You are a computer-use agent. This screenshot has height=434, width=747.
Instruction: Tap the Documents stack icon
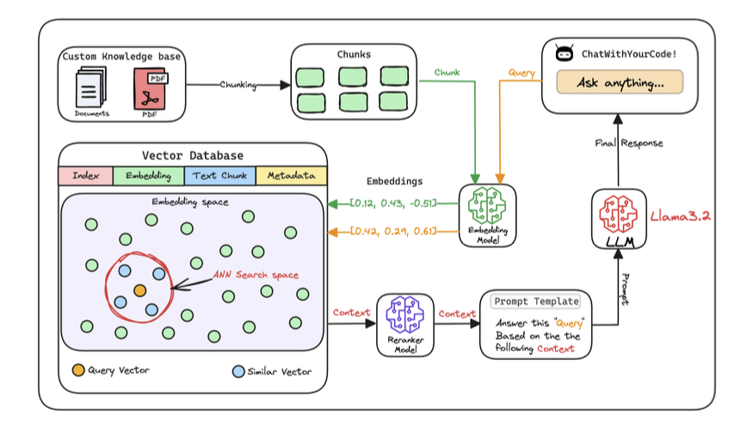coord(90,88)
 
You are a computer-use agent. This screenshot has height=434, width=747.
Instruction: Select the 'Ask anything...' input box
coord(619,83)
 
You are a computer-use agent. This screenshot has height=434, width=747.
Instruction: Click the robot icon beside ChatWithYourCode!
coord(565,54)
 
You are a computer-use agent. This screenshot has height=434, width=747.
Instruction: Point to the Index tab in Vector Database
coord(85,177)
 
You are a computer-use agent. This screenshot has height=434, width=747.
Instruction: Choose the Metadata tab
coord(291,177)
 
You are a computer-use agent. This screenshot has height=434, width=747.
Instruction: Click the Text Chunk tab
coord(219,177)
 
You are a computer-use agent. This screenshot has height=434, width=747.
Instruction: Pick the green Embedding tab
coord(148,177)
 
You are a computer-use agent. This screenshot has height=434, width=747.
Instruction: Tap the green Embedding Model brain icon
coord(487,208)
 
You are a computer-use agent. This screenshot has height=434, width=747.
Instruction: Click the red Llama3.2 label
coord(679,215)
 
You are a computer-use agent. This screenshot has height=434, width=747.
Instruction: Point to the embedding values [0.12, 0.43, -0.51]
coord(392,202)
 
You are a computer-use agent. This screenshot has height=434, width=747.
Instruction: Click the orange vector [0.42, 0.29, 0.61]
coord(392,232)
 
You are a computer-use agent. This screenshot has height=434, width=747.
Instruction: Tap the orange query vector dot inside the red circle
coord(139,290)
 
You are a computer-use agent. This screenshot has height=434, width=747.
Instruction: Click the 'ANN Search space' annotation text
coord(256,276)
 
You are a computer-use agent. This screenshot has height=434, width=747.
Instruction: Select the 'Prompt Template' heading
coord(535,302)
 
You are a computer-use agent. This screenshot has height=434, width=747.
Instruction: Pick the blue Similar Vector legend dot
coord(238,371)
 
